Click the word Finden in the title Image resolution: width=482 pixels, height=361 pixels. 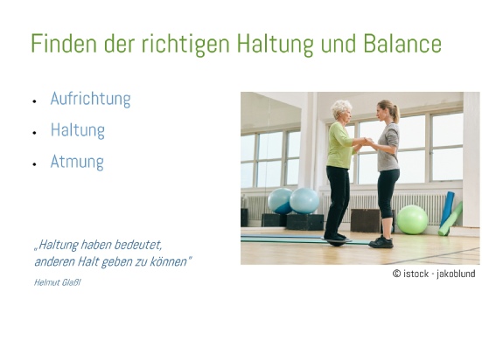click(x=64, y=44)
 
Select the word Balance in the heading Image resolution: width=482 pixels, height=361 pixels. click(x=402, y=44)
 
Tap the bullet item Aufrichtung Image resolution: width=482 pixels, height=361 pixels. click(x=91, y=99)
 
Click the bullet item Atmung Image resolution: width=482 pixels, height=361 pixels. click(x=77, y=162)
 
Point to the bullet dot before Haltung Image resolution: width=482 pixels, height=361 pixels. click(x=34, y=133)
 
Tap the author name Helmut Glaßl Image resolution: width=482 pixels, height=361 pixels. click(x=58, y=282)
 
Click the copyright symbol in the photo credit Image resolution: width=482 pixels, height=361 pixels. click(x=396, y=274)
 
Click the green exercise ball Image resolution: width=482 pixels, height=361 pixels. click(x=412, y=219)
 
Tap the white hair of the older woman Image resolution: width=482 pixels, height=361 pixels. click(x=340, y=108)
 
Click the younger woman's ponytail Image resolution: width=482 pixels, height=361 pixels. click(x=395, y=115)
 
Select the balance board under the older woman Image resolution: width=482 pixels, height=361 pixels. click(x=337, y=241)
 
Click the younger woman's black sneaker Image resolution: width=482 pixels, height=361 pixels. click(x=381, y=242)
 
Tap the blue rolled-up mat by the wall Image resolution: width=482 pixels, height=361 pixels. click(x=447, y=209)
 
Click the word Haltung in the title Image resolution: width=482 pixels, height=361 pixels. click(x=276, y=44)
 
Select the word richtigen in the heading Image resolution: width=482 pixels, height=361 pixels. click(x=185, y=44)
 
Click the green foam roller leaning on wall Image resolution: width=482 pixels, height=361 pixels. click(x=451, y=219)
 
